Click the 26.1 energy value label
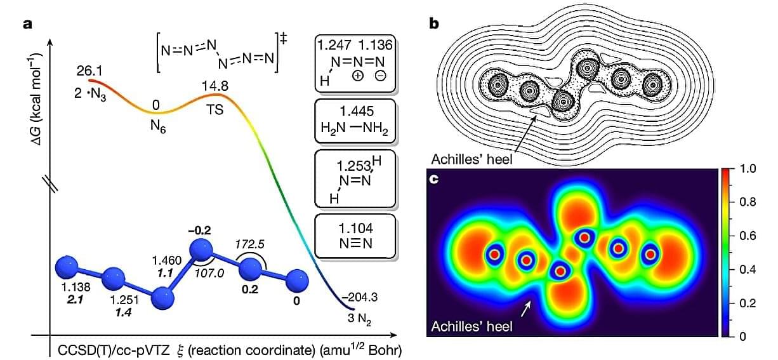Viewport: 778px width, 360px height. (x=89, y=71)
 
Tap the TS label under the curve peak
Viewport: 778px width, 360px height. (x=215, y=110)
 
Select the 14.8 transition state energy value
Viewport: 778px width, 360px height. (x=215, y=86)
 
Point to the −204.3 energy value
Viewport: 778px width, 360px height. (x=359, y=297)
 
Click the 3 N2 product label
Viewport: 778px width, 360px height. (x=359, y=319)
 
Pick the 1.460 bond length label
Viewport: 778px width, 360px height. (x=167, y=260)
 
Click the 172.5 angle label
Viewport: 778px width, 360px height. (x=250, y=244)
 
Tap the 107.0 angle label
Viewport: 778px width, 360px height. (x=209, y=273)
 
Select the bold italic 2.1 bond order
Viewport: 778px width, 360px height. (x=75, y=300)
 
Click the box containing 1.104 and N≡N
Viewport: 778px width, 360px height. (x=355, y=236)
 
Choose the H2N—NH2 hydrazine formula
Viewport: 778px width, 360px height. (x=354, y=128)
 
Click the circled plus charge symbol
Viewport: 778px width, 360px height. (x=358, y=76)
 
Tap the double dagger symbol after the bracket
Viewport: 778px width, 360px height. (x=284, y=38)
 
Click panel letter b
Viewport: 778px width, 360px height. (x=434, y=23)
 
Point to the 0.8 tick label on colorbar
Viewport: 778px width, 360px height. (x=748, y=203)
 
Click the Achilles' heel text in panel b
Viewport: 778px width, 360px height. (x=471, y=159)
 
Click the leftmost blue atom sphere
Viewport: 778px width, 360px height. (x=67, y=267)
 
